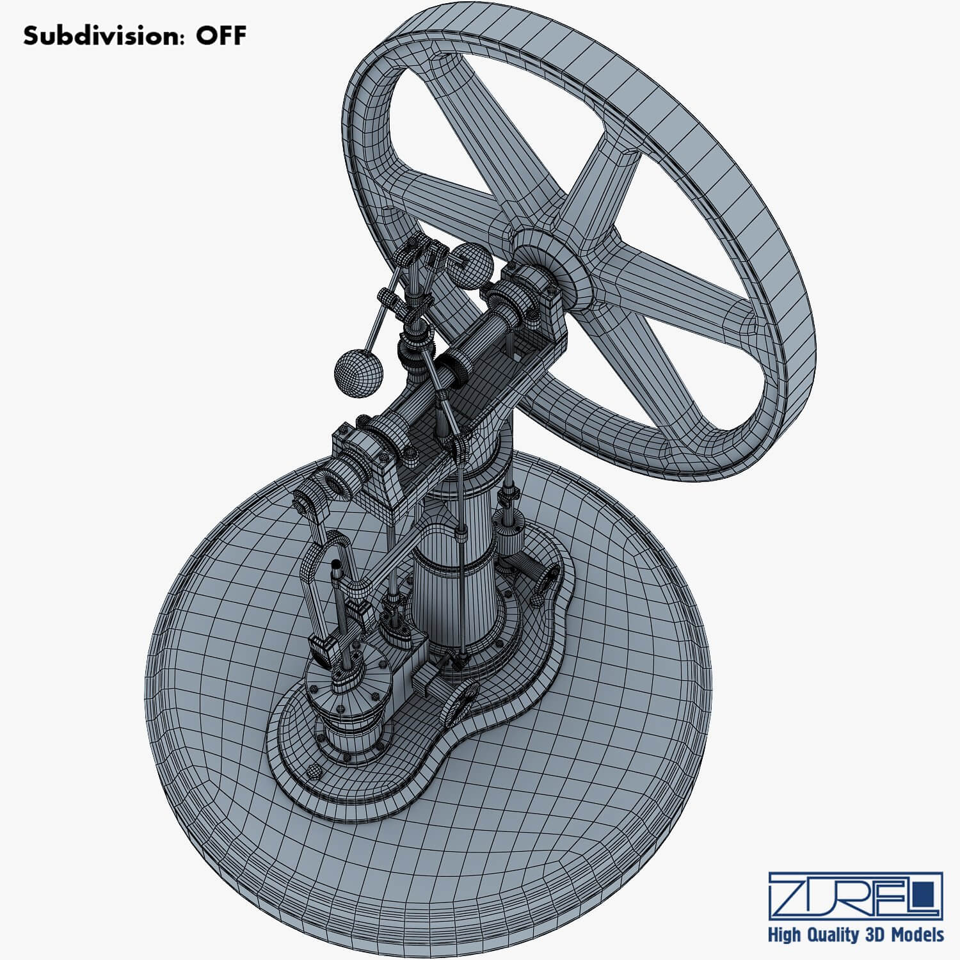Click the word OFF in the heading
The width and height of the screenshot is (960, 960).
click(220, 36)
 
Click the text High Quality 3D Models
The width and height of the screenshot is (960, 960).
click(856, 935)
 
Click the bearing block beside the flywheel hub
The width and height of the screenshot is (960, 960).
click(526, 294)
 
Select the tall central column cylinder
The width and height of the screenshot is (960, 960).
click(454, 576)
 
